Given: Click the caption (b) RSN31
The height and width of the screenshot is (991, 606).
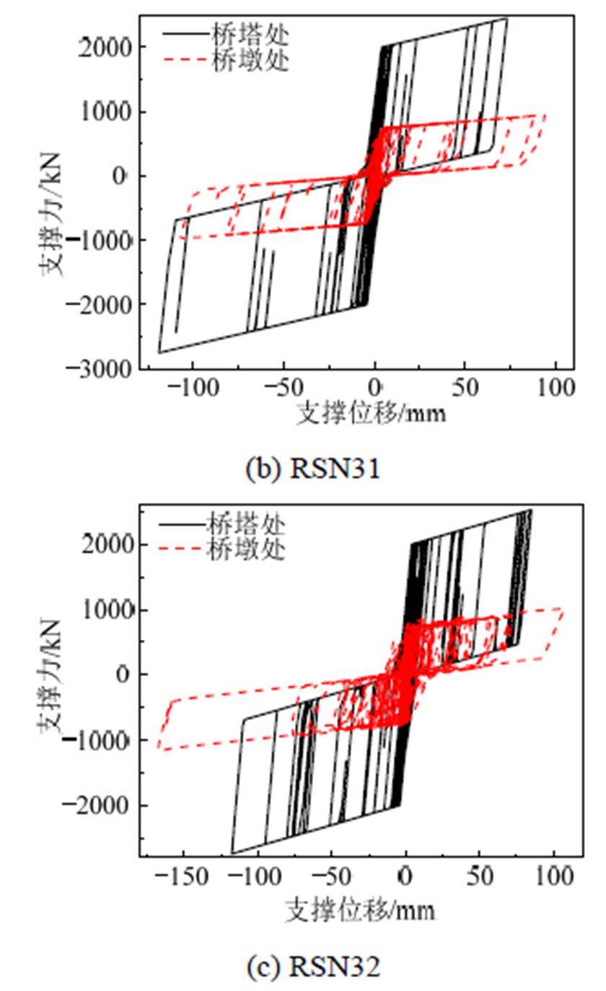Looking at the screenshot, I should pos(312,469).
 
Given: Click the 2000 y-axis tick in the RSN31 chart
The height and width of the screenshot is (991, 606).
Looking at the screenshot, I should pos(109,47).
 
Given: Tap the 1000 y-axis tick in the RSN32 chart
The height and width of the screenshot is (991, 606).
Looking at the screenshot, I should pos(109,610).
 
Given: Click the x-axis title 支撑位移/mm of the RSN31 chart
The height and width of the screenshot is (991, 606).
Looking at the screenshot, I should pos(371,414).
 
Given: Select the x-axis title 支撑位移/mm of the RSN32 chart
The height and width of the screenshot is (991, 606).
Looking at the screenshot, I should pos(361,910).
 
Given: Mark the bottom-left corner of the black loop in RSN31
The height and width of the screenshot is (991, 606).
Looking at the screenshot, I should pos(159,352).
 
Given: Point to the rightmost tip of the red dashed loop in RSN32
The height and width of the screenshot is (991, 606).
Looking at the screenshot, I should pos(563,611).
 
